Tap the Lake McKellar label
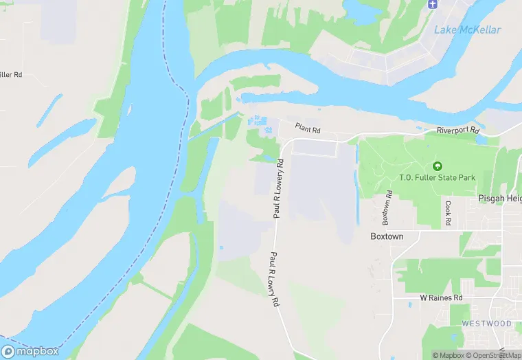(467, 30)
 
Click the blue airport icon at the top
(432, 5)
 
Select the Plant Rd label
(308, 128)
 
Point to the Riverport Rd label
(457, 131)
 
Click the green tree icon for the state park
(437, 166)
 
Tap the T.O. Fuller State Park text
(437, 178)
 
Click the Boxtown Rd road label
(387, 208)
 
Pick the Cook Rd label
(447, 213)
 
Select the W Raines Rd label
(441, 298)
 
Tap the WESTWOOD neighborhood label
(486, 323)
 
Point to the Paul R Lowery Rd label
(278, 188)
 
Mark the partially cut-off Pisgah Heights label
(500, 198)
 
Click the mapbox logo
(31, 350)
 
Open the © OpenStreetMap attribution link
(493, 355)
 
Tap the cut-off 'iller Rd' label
(11, 74)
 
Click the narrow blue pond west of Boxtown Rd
(356, 185)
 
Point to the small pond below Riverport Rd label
(480, 140)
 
